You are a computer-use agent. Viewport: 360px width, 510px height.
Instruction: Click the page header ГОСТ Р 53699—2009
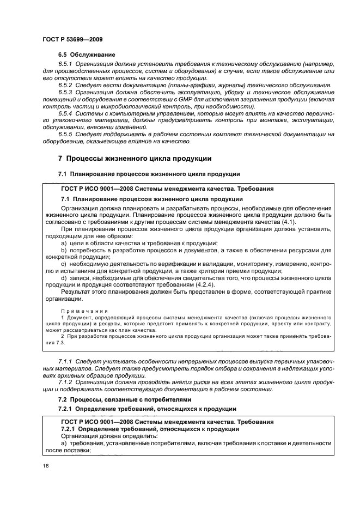(x=72, y=39)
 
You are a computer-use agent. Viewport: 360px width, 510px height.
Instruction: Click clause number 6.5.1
(x=66, y=64)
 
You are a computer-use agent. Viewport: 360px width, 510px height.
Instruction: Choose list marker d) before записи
(x=64, y=278)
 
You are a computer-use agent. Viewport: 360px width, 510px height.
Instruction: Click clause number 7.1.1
(x=65, y=361)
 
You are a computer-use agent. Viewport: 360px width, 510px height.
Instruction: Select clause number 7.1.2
(x=65, y=382)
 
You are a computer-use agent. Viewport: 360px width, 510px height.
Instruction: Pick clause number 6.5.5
(x=66, y=134)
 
